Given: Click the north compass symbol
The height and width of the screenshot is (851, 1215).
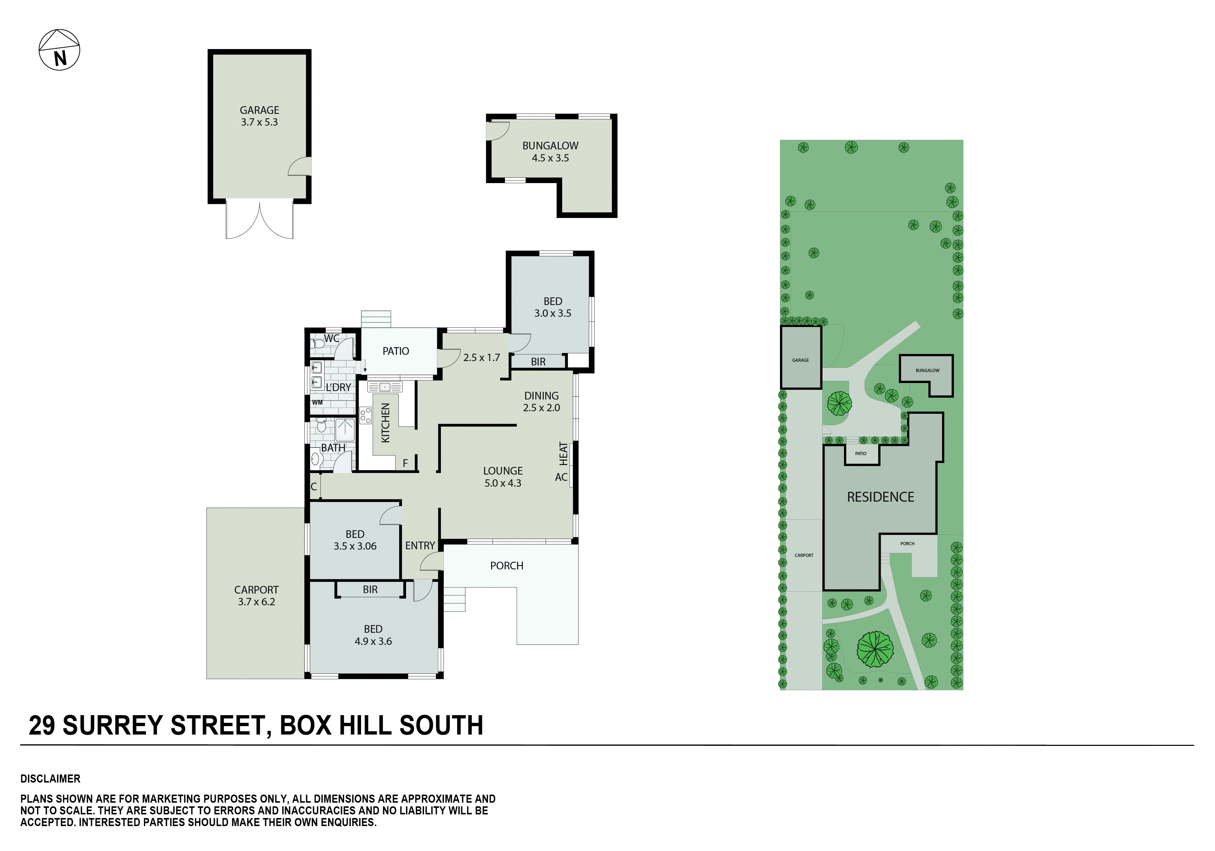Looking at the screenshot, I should (x=59, y=50).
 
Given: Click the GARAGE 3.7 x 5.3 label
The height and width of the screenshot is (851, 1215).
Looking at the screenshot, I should (x=259, y=116).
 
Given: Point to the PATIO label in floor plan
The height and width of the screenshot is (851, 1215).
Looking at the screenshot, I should (x=395, y=351).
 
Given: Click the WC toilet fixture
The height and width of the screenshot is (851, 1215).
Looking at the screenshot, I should (x=318, y=344).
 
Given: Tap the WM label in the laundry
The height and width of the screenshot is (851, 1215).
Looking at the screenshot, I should (x=317, y=402).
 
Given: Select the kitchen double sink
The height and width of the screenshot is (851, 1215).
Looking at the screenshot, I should (x=385, y=387).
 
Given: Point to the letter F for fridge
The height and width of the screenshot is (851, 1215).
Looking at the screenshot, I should (x=405, y=463).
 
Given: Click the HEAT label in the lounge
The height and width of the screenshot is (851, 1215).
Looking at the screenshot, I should (x=563, y=454).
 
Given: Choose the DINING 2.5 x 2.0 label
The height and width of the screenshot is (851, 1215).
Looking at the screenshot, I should (x=541, y=401).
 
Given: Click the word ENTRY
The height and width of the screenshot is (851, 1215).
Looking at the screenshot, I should (x=420, y=545).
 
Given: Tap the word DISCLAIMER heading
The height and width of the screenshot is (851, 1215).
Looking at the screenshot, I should (x=50, y=778).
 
